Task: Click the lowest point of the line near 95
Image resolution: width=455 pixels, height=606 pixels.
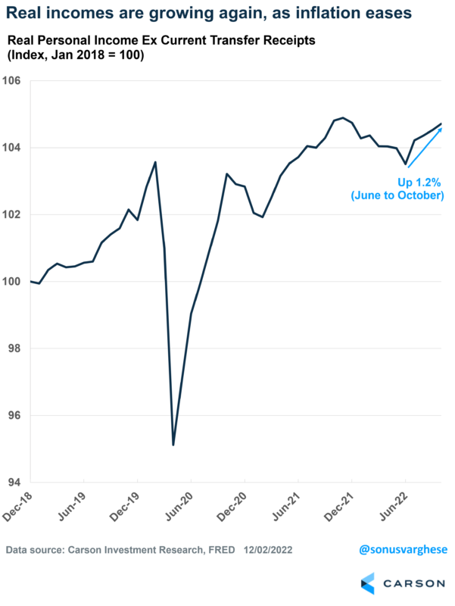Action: pos(173,445)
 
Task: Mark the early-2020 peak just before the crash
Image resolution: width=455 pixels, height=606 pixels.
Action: pos(155,161)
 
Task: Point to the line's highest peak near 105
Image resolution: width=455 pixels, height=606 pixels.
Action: pos(343,117)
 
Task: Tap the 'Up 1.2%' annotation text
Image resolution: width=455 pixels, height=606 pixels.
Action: pos(416,183)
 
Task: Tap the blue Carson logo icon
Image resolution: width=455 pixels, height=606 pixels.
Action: pos(368,583)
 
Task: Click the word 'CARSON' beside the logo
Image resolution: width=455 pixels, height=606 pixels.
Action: pos(413,584)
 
